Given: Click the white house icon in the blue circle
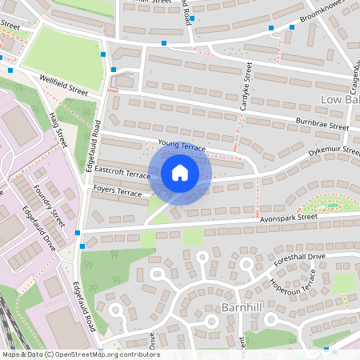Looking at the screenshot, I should (x=180, y=172).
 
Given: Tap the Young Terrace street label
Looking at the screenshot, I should (x=182, y=146).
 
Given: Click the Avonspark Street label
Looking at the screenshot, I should (x=289, y=217).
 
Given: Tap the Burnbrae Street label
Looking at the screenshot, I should (x=322, y=126).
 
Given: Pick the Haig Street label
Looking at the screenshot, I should (x=60, y=129).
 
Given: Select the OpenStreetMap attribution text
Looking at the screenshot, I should (x=80, y=354).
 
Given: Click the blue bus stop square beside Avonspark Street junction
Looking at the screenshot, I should (x=78, y=233).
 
